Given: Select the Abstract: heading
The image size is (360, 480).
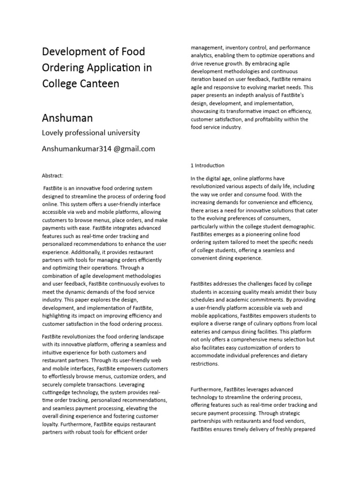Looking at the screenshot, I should click(x=52, y=175).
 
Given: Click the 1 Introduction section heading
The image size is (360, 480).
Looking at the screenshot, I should click(x=208, y=165).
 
